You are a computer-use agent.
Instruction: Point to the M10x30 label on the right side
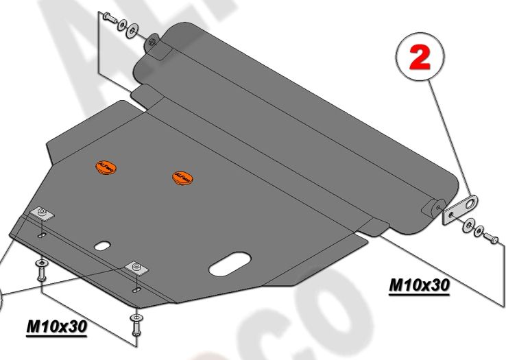pyautogui.click(x=419, y=284)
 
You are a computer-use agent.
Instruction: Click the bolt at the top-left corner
pyautogui.click(x=110, y=18)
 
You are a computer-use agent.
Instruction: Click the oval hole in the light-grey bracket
pyautogui.click(x=470, y=202)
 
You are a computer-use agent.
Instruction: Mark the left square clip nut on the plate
pyautogui.click(x=43, y=213)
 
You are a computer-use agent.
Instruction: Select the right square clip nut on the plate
pyautogui.click(x=136, y=267)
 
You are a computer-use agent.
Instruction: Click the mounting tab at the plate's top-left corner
pyautogui.click(x=152, y=45)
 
